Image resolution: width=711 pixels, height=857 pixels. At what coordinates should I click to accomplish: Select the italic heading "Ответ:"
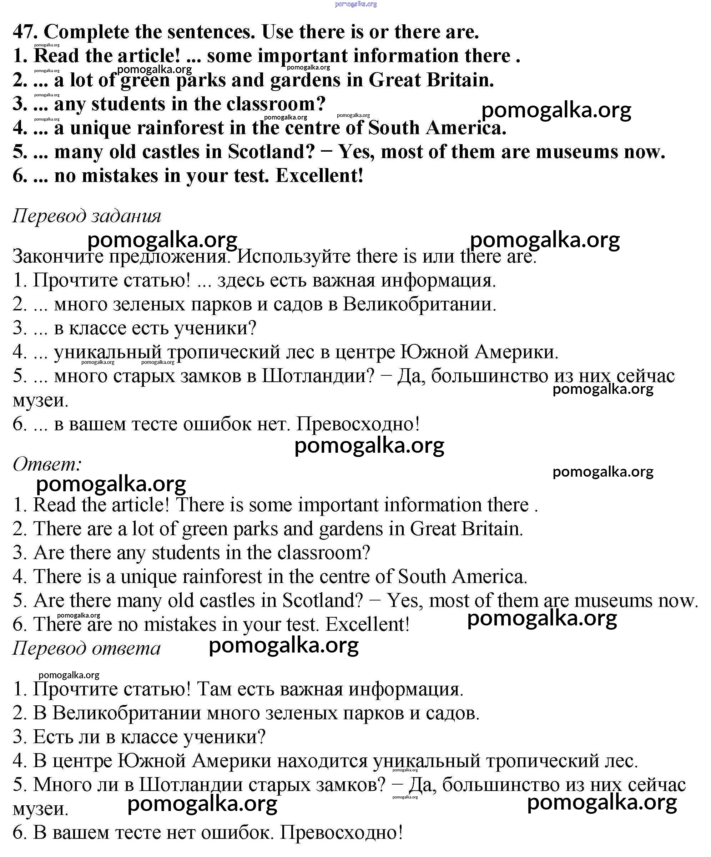click(x=47, y=465)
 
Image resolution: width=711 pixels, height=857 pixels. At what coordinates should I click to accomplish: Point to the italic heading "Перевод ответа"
click(x=86, y=648)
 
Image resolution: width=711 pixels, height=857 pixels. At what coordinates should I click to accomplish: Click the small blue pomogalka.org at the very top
click(x=356, y=4)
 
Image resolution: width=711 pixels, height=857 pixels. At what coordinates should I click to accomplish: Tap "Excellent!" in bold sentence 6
click(x=319, y=176)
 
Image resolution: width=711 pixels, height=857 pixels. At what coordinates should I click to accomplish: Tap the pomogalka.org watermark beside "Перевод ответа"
click(x=284, y=646)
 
